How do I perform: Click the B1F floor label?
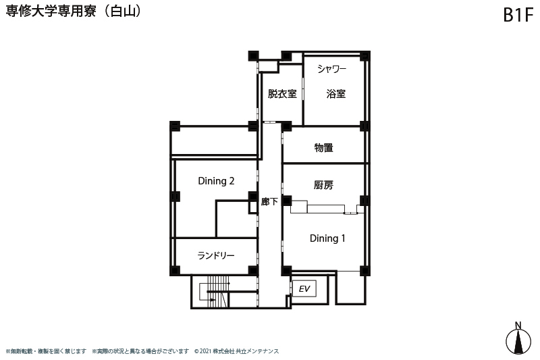pos(518,15)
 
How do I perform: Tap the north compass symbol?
pos(518,341)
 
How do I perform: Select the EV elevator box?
pos(304,288)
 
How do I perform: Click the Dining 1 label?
pos(327,238)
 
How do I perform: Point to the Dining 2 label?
pos(216,181)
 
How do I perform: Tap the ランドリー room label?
pos(216,255)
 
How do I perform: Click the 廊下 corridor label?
pos(269,201)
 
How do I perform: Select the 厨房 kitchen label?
pos(324,185)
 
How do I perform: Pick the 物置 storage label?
pos(324,148)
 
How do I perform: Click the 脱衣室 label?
pos(282,94)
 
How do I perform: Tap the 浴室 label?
pos(335,94)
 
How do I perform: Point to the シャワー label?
pos(331,69)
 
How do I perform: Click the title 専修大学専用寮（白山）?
pos(74,11)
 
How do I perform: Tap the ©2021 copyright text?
pos(236,351)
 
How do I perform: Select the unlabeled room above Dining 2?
pos(214,141)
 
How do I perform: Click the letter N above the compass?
pos(518,325)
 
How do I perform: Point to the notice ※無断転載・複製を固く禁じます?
pos(46,351)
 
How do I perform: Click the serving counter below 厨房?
pos(325,209)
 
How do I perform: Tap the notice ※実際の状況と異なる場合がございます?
pos(140,351)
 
